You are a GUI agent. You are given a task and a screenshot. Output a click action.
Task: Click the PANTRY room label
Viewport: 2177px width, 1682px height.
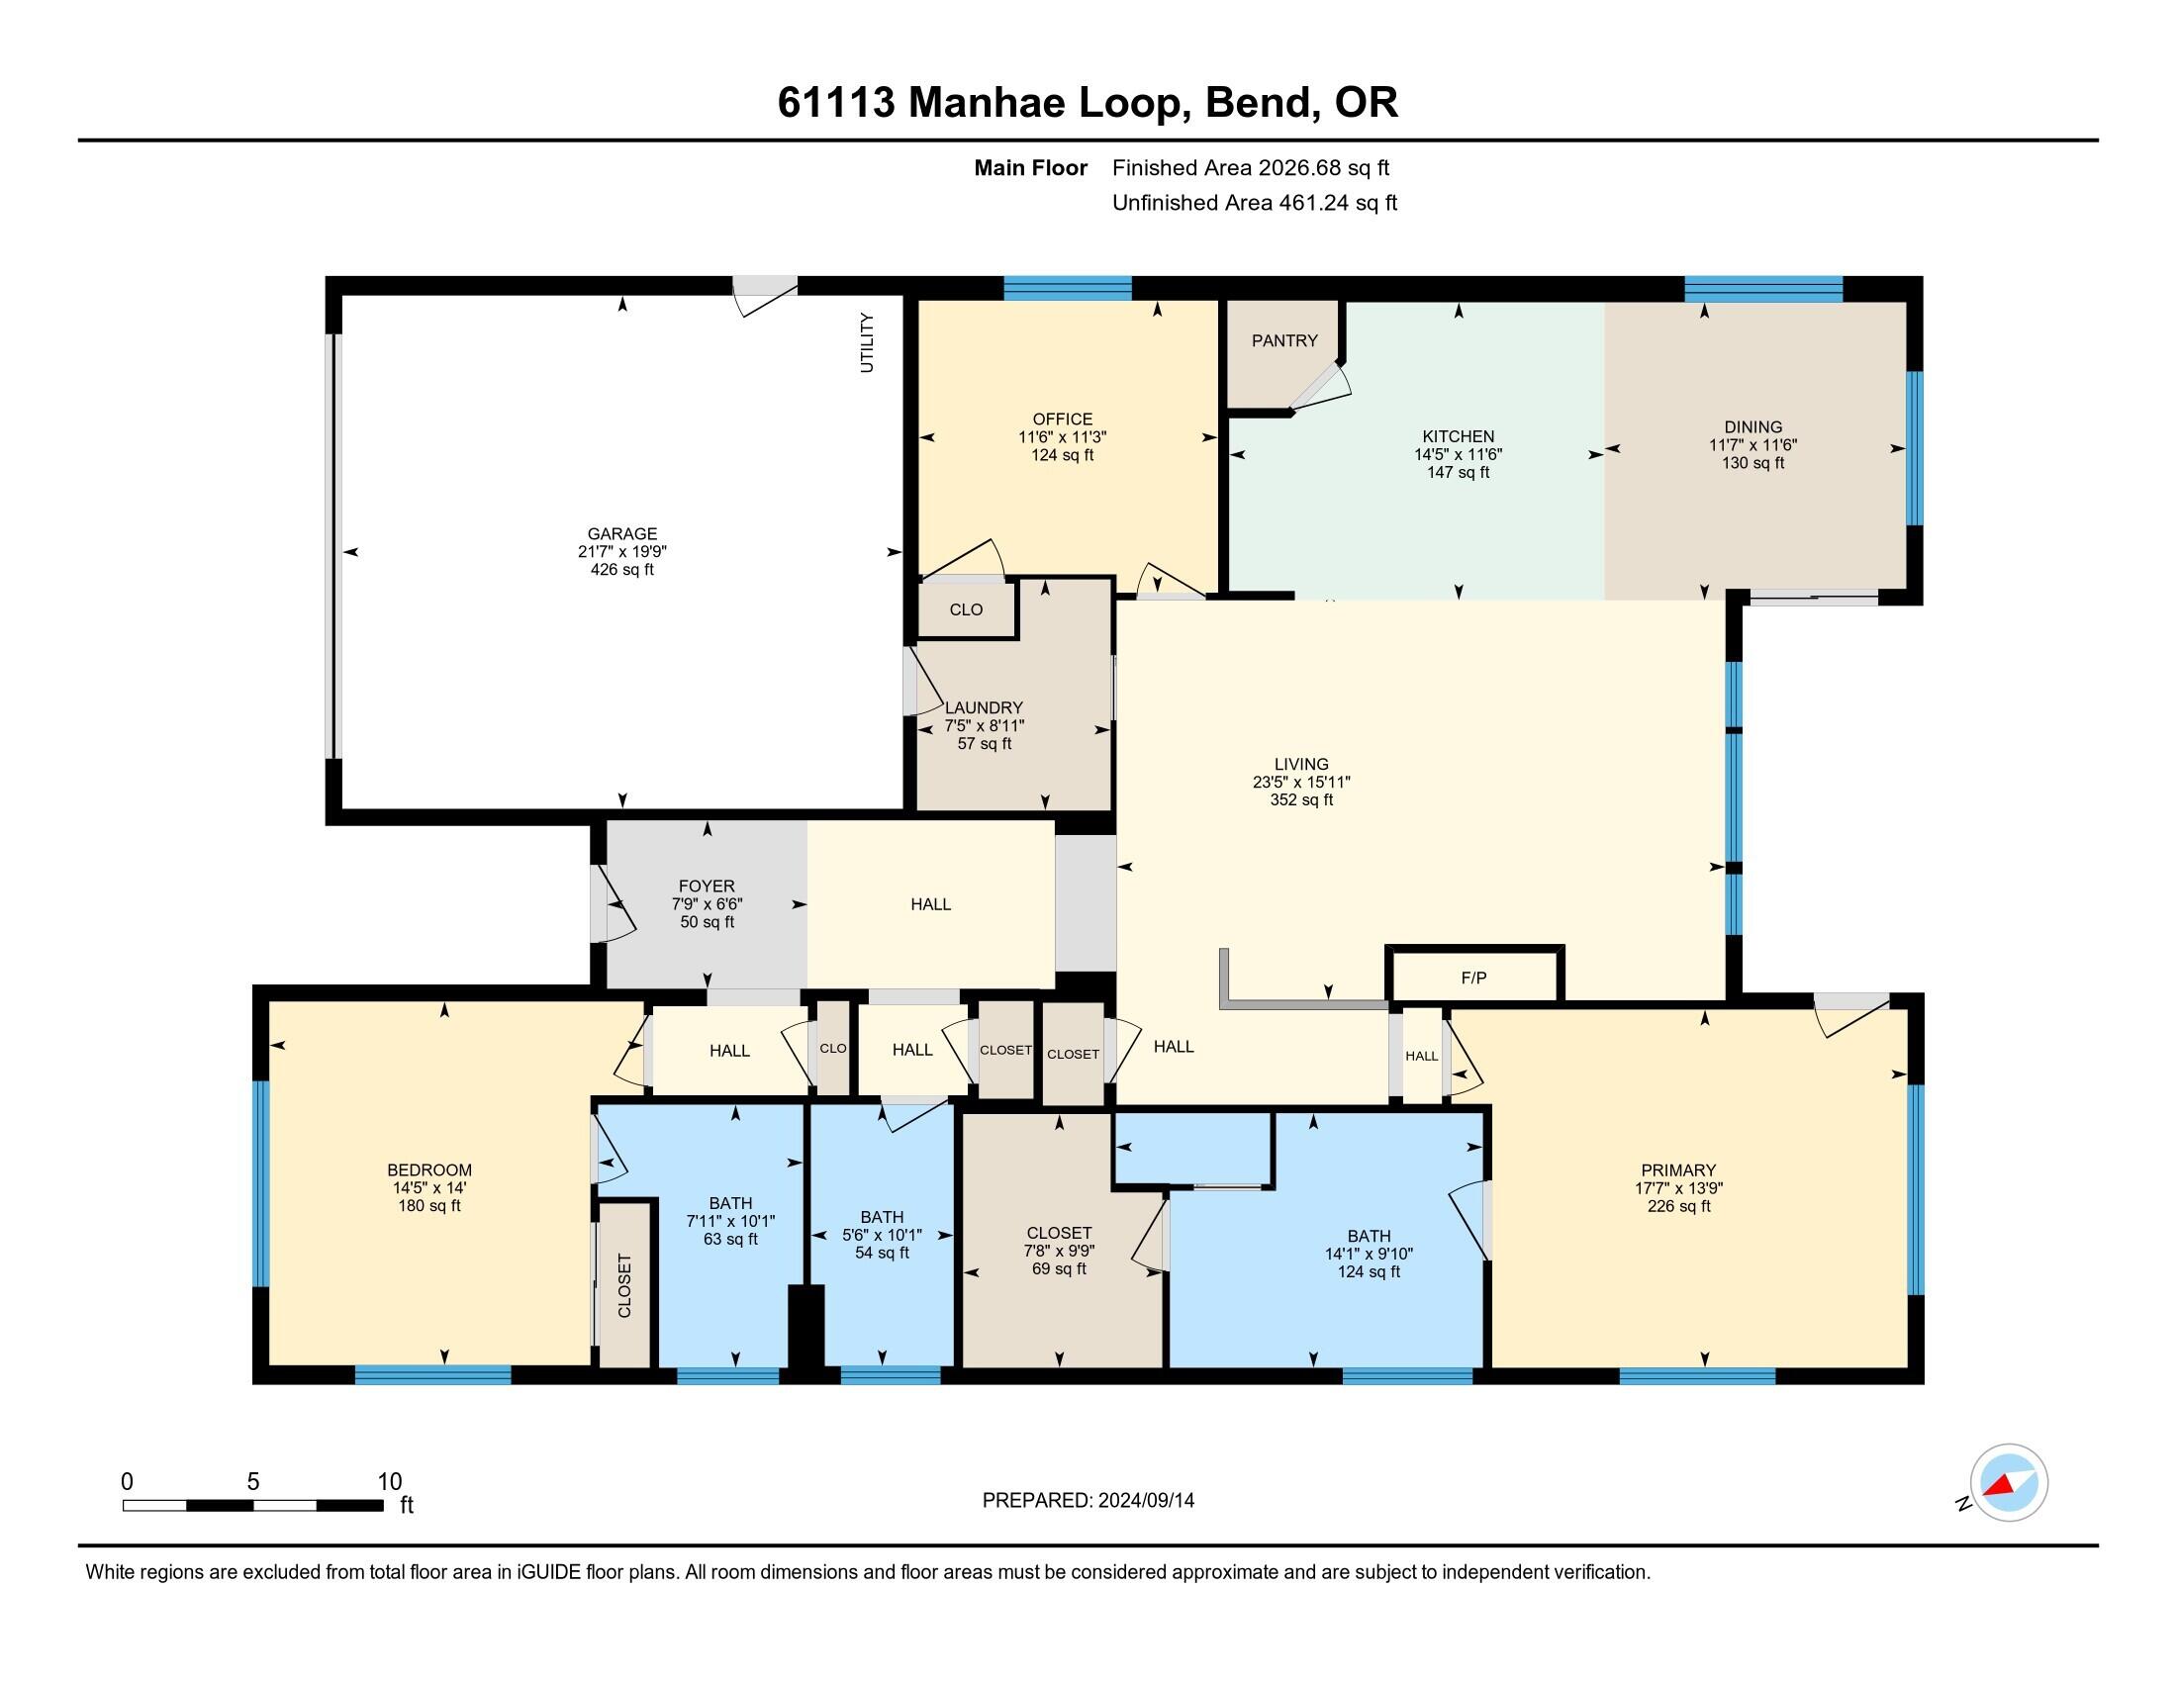1283,340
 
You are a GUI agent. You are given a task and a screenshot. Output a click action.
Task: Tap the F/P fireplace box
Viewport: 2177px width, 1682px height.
1473,979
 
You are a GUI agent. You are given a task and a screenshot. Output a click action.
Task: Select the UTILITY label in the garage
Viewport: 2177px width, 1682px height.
866,342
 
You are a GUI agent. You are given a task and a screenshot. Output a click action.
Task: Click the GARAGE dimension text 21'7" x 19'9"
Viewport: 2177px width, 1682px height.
622,551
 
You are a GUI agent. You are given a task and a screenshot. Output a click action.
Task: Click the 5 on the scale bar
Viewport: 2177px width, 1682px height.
253,1481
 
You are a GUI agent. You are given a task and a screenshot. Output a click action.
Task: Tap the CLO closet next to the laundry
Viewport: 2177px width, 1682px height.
965,609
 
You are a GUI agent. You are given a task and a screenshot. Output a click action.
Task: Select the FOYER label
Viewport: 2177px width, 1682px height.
706,886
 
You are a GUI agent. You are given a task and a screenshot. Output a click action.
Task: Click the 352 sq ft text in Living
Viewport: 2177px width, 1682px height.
1301,800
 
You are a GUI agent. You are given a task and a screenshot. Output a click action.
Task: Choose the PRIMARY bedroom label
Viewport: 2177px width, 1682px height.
1677,1169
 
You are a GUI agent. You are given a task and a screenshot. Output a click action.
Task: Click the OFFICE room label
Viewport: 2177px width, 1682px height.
1062,420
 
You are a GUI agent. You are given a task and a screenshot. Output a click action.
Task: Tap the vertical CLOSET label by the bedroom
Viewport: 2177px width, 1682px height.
625,1285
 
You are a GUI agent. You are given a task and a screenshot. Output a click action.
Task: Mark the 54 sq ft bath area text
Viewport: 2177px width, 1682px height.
881,1253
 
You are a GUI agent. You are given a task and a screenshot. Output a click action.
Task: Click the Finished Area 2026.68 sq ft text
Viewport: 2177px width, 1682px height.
1250,168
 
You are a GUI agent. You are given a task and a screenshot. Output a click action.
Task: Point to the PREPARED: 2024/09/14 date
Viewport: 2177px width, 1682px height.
1088,1500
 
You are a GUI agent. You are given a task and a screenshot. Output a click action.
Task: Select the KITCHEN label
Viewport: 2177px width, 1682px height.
1458,436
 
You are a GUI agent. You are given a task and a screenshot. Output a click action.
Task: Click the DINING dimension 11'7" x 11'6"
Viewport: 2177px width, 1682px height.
1752,445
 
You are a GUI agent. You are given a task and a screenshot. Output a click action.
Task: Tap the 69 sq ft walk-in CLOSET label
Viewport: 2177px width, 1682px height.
1059,1268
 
